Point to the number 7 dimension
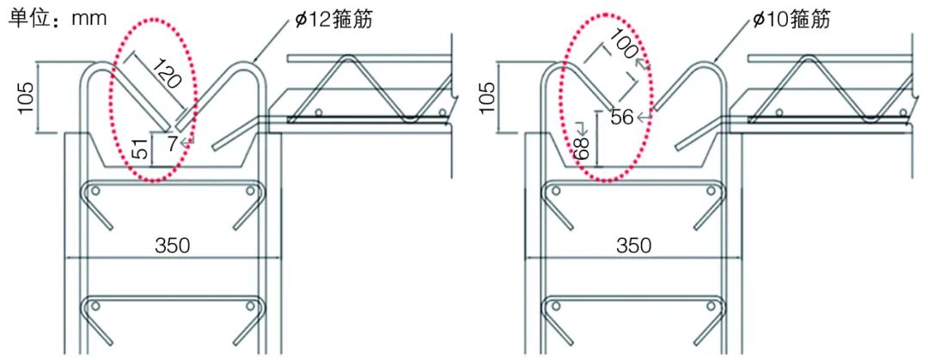pos(174,143)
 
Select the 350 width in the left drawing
pos(173,246)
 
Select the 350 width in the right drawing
pos(633,246)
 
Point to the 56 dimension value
pos(622,117)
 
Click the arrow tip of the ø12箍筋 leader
pos(254,62)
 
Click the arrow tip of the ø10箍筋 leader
pos(714,62)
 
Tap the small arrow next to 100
pos(639,61)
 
